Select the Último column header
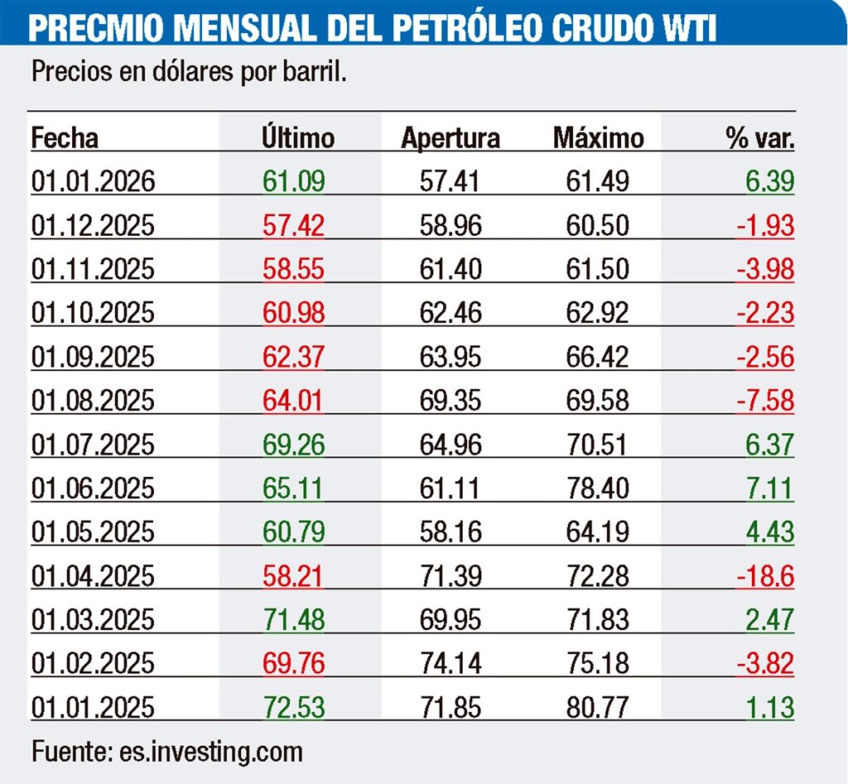[297, 137]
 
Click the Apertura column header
[450, 138]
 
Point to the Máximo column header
[598, 138]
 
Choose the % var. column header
[760, 138]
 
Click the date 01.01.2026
[94, 181]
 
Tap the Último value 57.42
[293, 225]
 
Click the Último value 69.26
[293, 444]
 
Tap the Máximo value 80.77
[598, 707]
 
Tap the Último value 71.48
[293, 619]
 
